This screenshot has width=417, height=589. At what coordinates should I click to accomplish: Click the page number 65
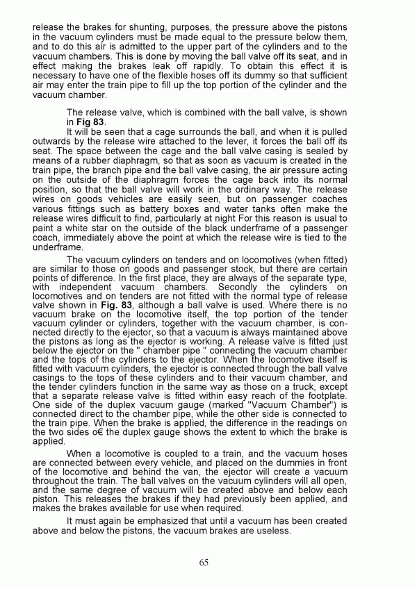(x=203, y=562)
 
